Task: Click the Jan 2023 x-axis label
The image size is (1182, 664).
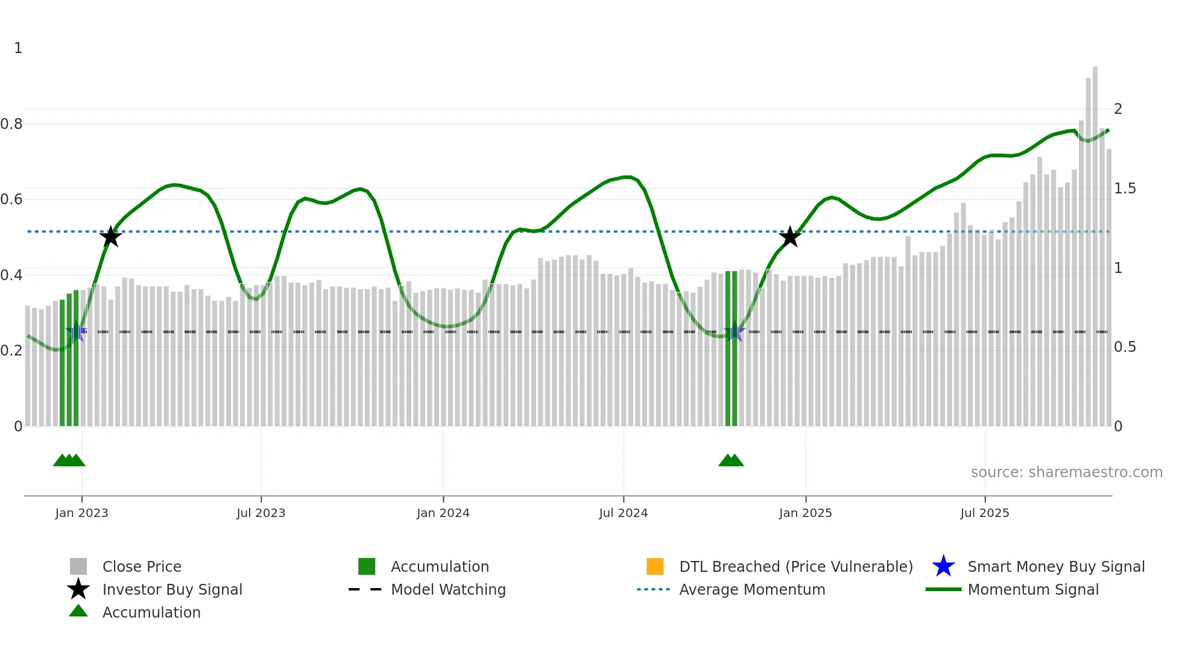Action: tap(81, 513)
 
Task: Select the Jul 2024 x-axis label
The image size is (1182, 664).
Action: tap(623, 513)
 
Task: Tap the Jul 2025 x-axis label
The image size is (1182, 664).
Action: tap(984, 513)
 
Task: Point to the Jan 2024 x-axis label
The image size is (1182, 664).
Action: tap(443, 513)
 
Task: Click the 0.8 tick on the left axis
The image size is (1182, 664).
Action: tap(11, 124)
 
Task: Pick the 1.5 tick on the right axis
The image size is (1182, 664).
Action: tap(1125, 189)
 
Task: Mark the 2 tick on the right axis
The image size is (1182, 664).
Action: tap(1118, 109)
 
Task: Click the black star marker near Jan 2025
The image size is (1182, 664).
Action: tap(789, 237)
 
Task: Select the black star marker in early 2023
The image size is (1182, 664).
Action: tap(110, 237)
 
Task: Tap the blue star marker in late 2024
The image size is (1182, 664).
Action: tap(734, 332)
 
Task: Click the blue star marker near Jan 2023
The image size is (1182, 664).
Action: tap(76, 332)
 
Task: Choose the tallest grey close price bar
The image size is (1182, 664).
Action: tap(1095, 241)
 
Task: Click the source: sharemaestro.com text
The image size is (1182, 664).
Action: tap(1066, 472)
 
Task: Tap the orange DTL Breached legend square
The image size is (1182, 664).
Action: tap(655, 566)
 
